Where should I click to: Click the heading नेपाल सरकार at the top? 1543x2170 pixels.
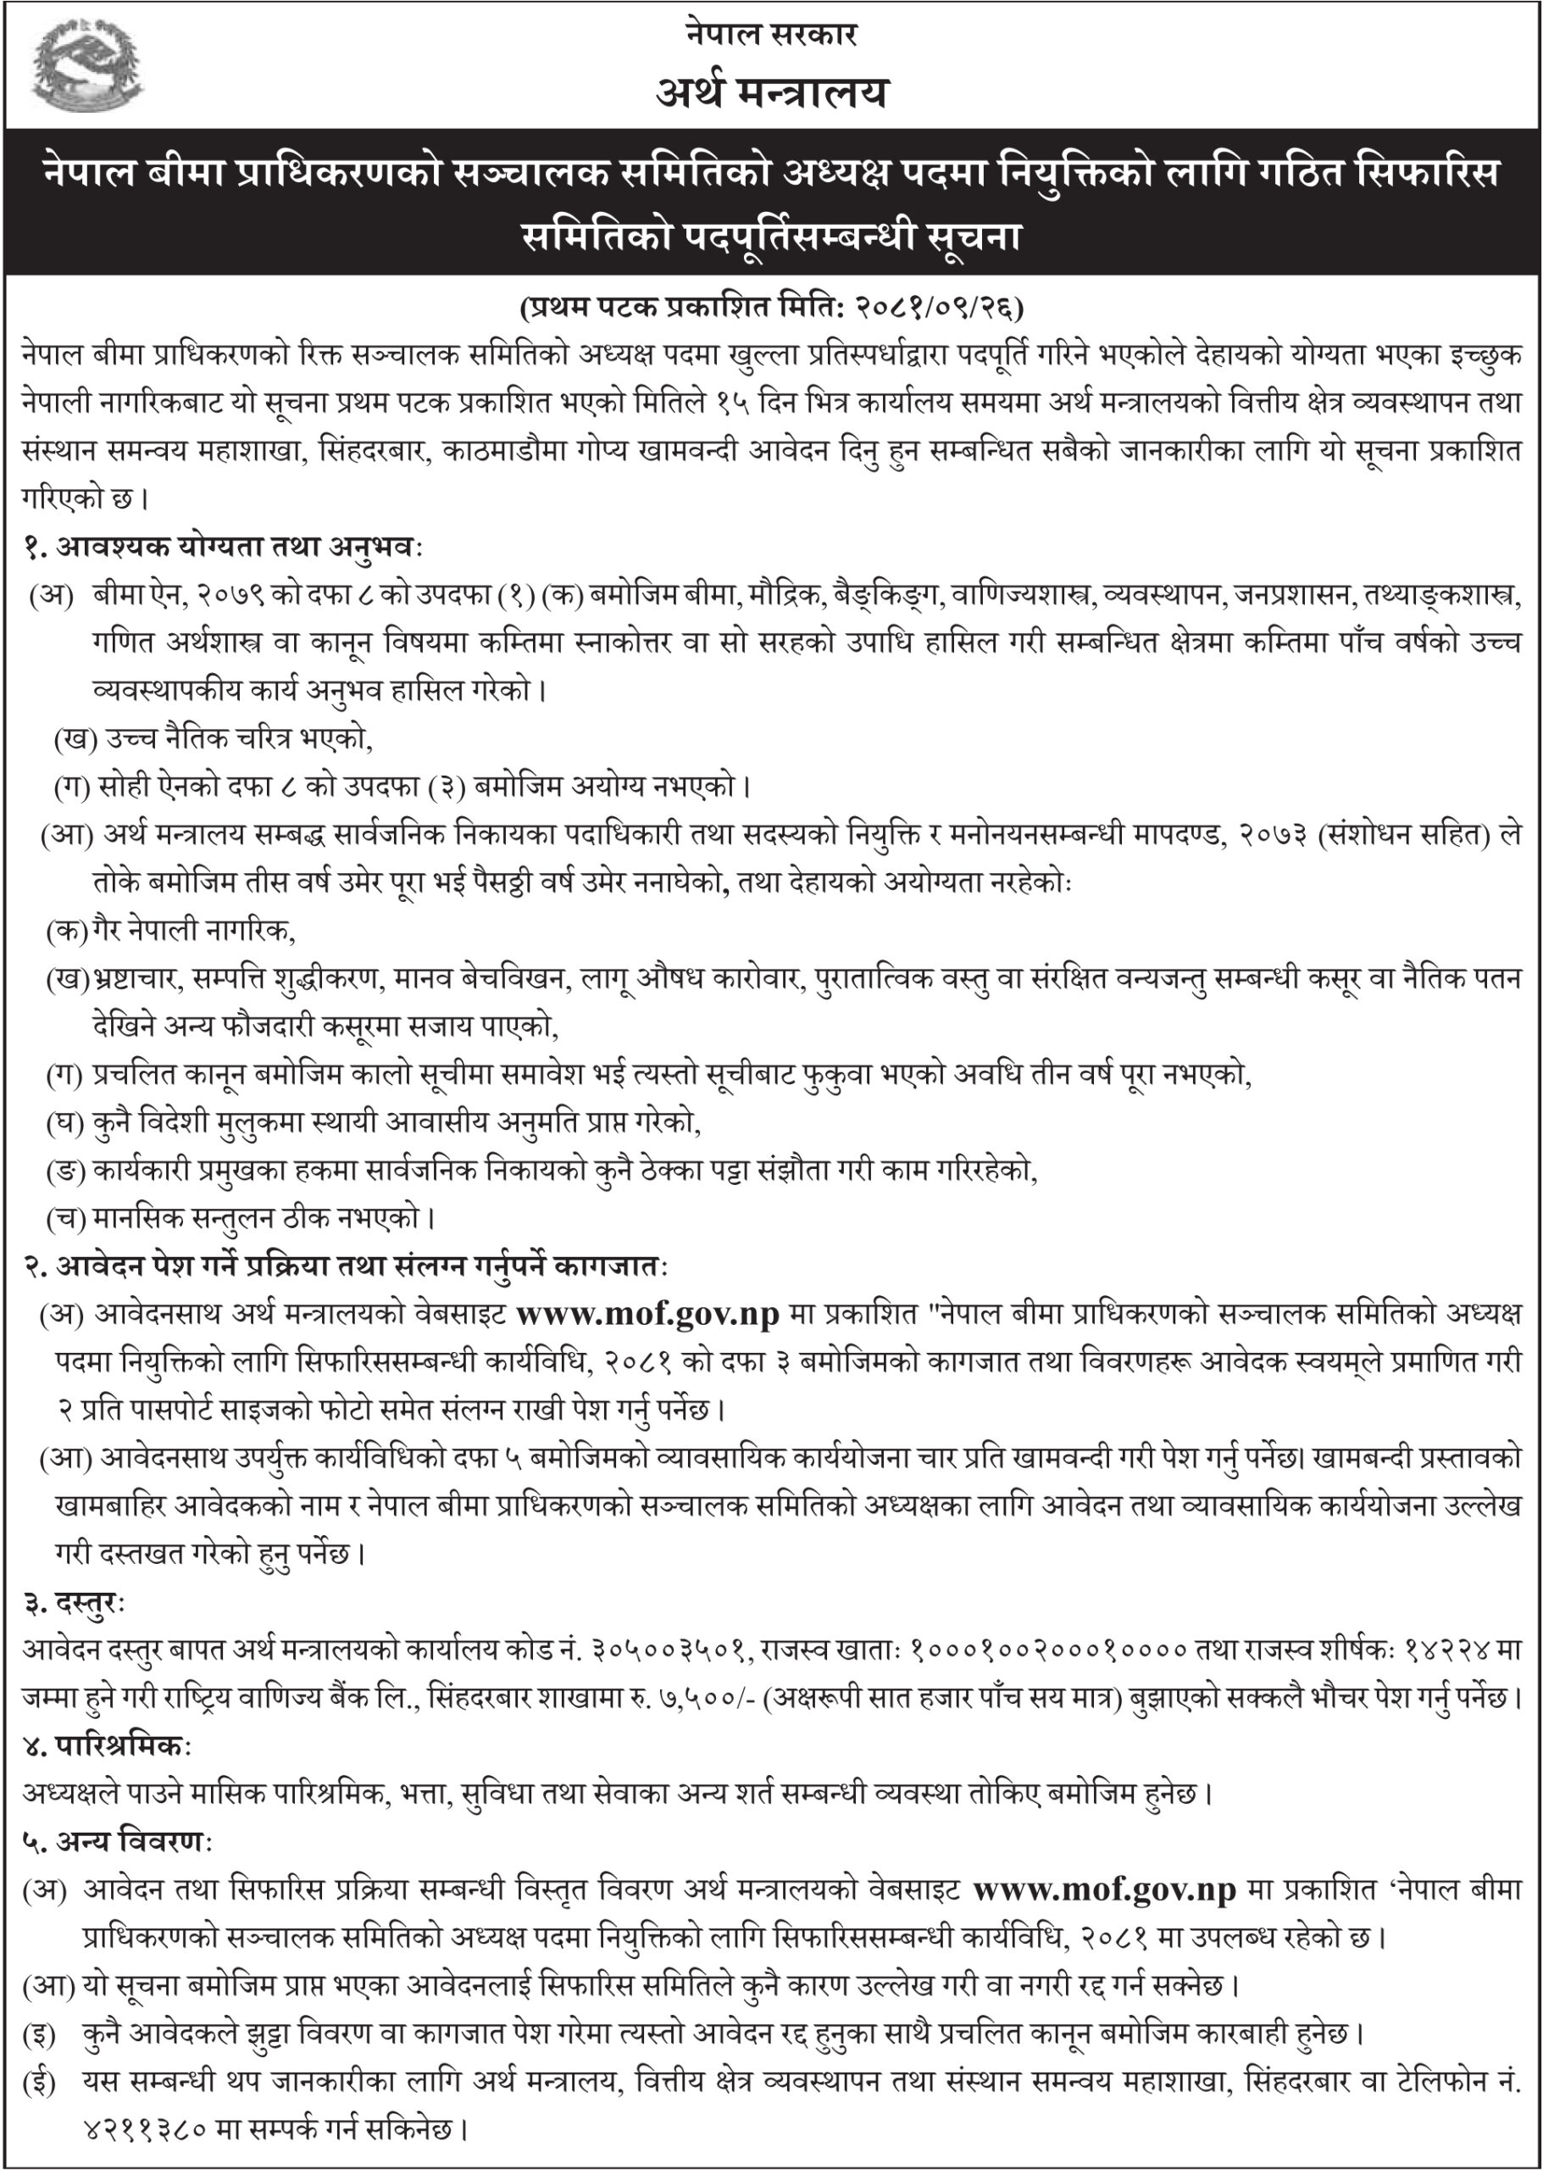click(770, 35)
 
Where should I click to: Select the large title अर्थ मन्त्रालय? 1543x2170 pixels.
click(770, 93)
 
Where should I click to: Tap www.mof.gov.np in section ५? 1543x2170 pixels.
click(1105, 1891)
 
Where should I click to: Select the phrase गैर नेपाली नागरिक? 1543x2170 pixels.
click(194, 932)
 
